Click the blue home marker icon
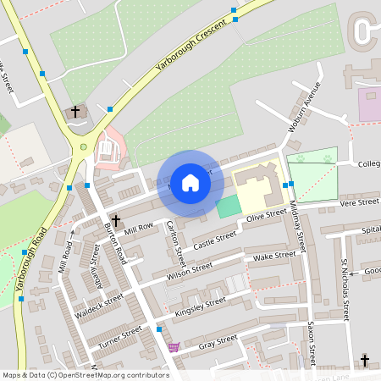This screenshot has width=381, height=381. [190, 183]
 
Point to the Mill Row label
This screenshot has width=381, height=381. [138, 228]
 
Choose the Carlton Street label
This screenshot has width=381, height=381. [174, 237]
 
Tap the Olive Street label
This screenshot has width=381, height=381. [261, 217]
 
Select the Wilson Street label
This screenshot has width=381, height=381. [189, 271]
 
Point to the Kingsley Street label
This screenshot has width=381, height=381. [200, 306]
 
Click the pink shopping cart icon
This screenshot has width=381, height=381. [174, 347]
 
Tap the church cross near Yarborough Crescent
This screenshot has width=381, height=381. [75, 112]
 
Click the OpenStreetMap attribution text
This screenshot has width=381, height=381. [85, 374]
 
